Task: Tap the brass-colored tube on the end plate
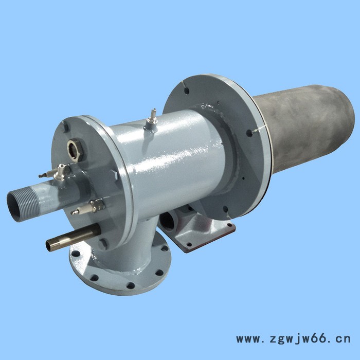click(73, 238)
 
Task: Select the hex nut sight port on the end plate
click(75, 149)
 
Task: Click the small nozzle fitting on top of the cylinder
click(151, 119)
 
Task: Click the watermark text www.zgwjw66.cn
click(293, 339)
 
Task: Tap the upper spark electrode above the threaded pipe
click(56, 173)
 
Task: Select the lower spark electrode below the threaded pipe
click(88, 207)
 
